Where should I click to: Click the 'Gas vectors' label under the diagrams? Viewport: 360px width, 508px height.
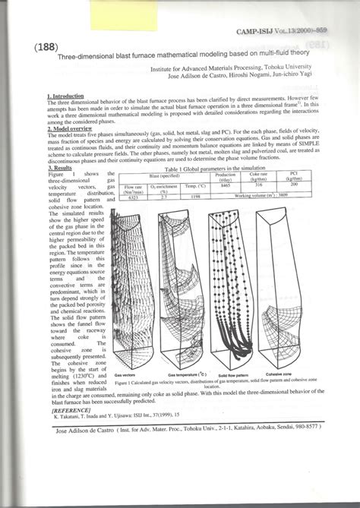126,375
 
